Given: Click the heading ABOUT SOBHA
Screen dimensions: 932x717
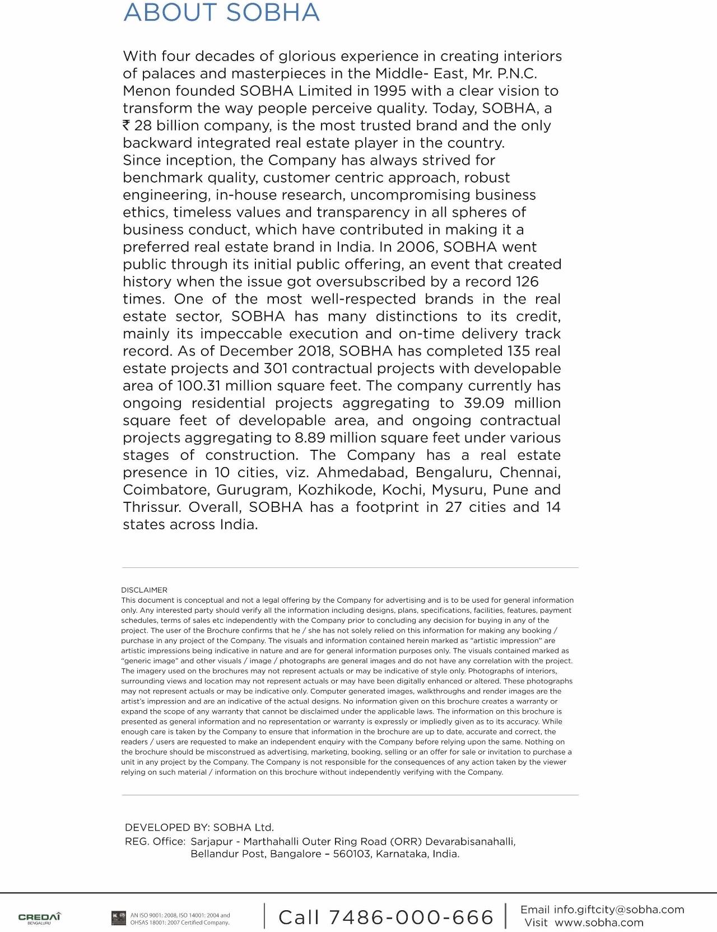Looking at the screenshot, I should tap(221, 13).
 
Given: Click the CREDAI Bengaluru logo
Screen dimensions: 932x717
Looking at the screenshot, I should tap(39, 917).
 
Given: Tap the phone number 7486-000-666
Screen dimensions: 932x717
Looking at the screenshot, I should tap(411, 917).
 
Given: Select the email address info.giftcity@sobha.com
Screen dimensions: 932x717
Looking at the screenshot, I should tap(619, 909).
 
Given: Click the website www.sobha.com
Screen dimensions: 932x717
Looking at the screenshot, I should tap(599, 922).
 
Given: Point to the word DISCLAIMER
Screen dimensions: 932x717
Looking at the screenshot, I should tap(144, 590).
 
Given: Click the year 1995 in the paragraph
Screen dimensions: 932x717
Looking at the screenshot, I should tap(390, 91).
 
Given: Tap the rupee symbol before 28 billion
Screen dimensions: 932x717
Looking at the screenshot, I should tap(127, 125).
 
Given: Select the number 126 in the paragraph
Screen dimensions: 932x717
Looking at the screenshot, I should tap(527, 281).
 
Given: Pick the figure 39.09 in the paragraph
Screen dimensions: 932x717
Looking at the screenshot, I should tap(485, 403).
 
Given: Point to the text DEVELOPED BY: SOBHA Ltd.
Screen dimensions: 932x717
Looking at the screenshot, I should tap(199, 827).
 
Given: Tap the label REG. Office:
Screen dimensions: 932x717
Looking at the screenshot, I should tap(155, 841).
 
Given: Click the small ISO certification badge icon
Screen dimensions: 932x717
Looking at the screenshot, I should tap(119, 918).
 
